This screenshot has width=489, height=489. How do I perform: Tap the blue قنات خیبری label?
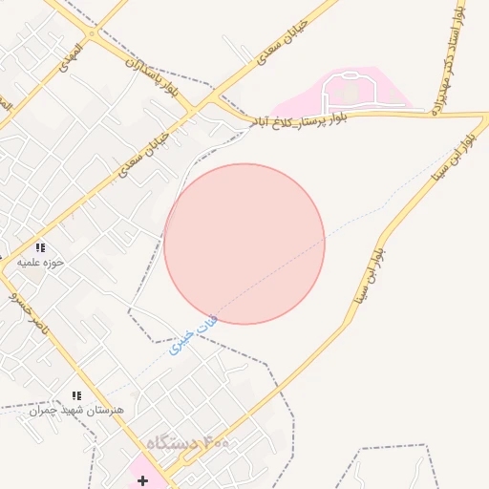click(x=194, y=335)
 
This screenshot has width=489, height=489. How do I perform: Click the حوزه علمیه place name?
click(x=41, y=262)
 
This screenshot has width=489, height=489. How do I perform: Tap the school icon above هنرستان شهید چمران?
click(x=76, y=395)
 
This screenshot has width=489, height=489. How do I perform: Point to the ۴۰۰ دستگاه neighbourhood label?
click(x=189, y=444)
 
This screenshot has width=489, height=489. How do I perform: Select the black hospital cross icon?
click(x=142, y=480)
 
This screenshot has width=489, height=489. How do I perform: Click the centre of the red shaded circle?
click(x=244, y=244)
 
